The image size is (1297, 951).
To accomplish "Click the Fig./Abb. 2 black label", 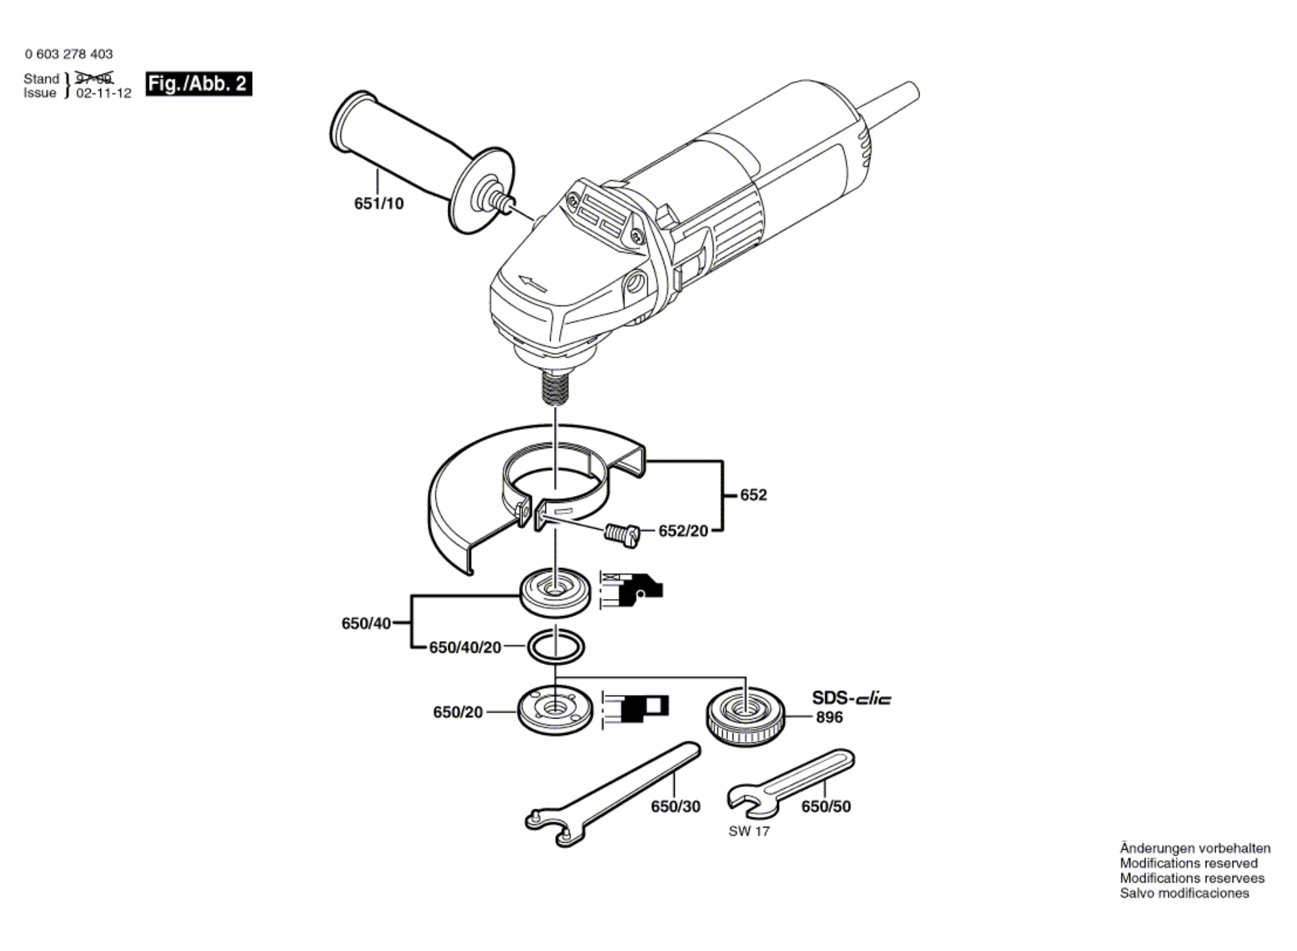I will [x=198, y=84].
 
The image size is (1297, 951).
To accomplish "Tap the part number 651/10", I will [x=379, y=204].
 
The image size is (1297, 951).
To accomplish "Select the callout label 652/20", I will [x=683, y=531].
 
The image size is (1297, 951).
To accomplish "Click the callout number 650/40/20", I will [x=465, y=648].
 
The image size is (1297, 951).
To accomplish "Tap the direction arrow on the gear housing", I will [x=532, y=284].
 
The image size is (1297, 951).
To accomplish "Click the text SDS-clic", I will [x=851, y=697].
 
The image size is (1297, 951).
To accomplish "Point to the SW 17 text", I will [x=749, y=831].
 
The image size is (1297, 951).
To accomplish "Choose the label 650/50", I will [x=826, y=807].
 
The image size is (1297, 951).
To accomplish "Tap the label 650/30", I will [x=675, y=807].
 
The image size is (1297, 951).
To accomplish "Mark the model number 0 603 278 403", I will [x=69, y=54].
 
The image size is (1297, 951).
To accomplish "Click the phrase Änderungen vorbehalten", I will [x=1195, y=849].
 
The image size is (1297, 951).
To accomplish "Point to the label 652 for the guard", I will [x=753, y=495].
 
